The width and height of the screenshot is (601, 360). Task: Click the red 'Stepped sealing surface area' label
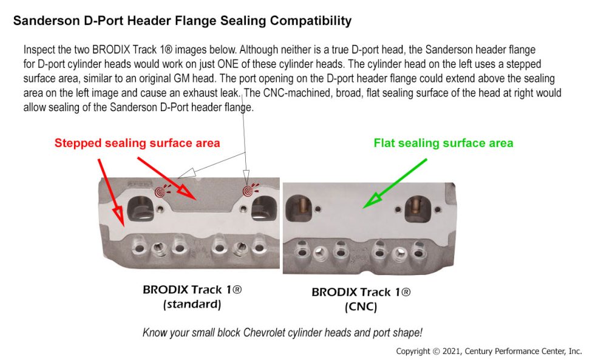137,143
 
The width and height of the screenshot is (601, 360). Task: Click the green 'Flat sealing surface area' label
444,143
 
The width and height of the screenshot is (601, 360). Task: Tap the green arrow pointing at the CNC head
395,183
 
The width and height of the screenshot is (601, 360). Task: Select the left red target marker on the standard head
161,192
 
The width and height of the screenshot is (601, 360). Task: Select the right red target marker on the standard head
248,191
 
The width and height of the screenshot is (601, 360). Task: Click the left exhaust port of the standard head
140,209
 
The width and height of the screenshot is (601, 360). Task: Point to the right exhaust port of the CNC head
418,209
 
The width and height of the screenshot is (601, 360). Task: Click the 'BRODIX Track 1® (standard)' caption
192,296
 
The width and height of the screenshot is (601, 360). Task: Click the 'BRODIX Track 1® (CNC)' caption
361,299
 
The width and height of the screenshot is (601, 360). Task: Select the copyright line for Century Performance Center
489,351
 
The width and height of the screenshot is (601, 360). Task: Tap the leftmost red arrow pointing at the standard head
111,192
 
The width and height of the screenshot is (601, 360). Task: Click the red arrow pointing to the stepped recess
167,178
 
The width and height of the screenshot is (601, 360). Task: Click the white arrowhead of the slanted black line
186,173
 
